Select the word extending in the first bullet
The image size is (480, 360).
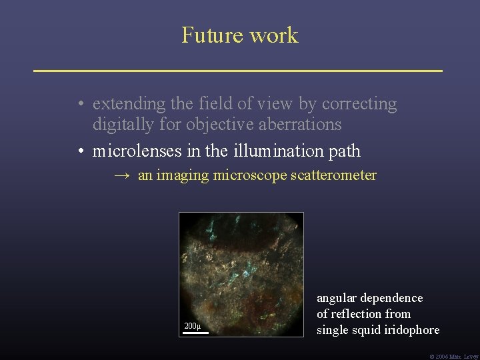(127, 105)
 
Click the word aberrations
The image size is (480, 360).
(302, 124)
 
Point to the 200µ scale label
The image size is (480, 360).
(192, 325)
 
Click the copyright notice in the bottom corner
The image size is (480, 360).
(455, 356)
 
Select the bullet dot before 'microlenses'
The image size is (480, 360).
(79, 151)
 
